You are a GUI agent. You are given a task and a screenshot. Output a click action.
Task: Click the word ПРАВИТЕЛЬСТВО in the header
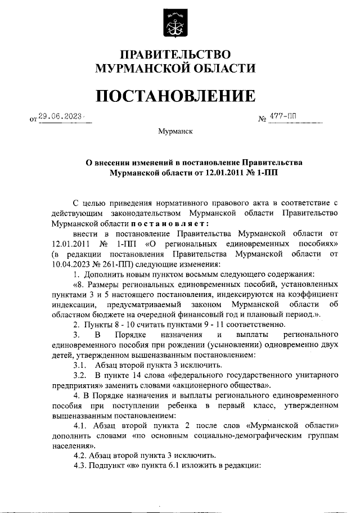coord(175,55)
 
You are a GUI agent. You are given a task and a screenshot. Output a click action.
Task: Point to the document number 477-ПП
coord(285,116)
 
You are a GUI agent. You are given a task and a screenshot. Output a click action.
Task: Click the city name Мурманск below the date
coord(175,132)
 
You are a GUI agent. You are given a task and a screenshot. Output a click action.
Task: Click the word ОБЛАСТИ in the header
coord(223,69)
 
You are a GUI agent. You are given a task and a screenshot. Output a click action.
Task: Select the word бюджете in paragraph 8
coord(126,314)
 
